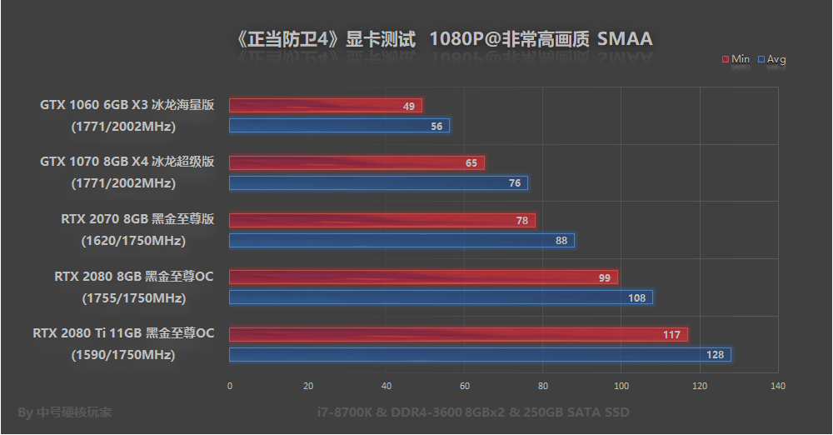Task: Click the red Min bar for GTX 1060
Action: click(325, 106)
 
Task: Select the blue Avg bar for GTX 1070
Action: click(378, 183)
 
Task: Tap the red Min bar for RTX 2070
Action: click(382, 221)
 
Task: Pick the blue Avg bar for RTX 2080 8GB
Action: click(441, 297)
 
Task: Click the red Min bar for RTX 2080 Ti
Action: click(458, 335)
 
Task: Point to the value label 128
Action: click(716, 355)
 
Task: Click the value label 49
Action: click(408, 107)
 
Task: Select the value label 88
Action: click(561, 241)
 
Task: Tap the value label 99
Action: click(605, 278)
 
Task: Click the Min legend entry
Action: click(736, 59)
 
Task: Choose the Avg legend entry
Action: click(771, 59)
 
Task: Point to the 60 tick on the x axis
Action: click(465, 386)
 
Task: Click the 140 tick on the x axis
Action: click(778, 386)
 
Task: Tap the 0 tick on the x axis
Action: click(230, 386)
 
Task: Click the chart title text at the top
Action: click(444, 39)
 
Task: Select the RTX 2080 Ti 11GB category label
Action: click(124, 334)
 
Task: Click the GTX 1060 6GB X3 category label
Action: click(127, 105)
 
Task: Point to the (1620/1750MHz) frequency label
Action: click(133, 241)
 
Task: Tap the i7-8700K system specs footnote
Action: click(473, 412)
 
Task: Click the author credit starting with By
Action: click(64, 412)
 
